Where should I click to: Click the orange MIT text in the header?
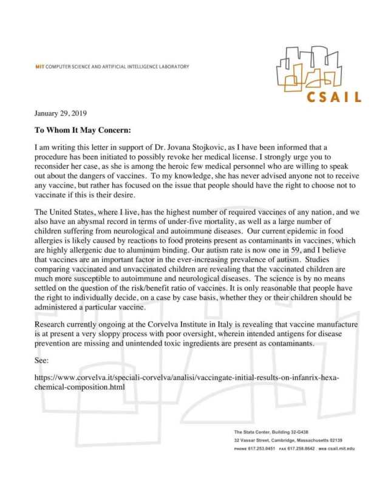click(x=41, y=67)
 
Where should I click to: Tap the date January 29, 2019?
click(x=60, y=114)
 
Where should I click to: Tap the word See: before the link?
click(x=43, y=359)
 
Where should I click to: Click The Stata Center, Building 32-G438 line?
click(x=273, y=432)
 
